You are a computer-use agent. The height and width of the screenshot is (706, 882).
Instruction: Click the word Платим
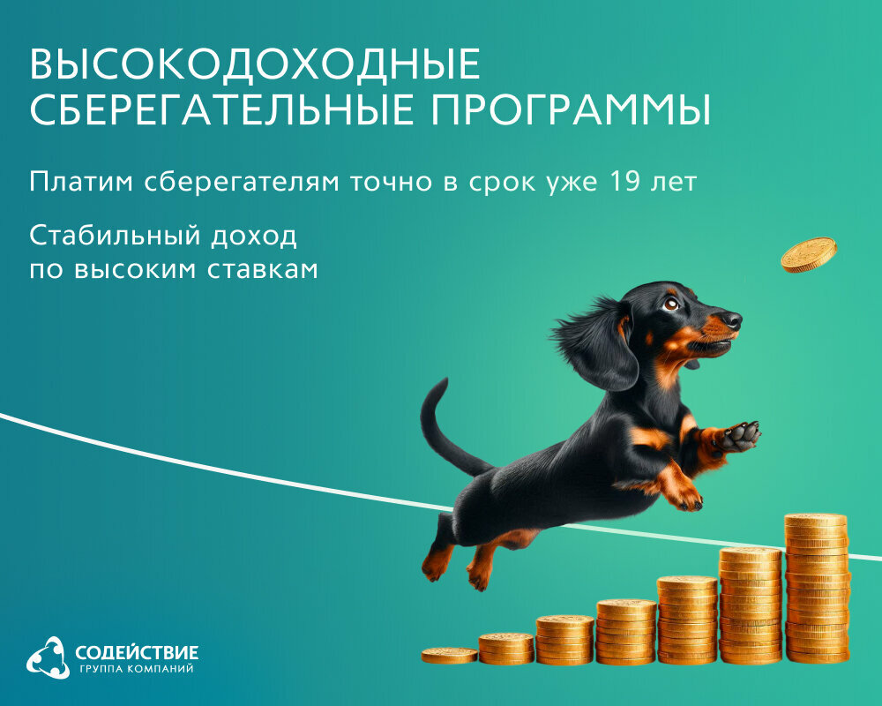(80, 183)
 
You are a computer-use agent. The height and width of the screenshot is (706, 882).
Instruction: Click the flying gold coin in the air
(808, 254)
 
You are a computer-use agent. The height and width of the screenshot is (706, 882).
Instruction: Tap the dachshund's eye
(671, 304)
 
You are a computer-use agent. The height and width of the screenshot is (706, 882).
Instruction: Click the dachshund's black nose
(731, 317)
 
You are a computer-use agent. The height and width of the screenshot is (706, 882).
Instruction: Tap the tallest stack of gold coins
(817, 588)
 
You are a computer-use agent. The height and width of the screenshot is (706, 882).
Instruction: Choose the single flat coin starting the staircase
(449, 655)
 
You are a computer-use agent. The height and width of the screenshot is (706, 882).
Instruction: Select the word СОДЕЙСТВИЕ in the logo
(137, 653)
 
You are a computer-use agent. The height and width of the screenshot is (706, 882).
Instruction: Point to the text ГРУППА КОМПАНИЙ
(136, 670)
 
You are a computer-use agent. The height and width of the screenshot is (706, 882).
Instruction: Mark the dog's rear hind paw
(436, 566)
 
